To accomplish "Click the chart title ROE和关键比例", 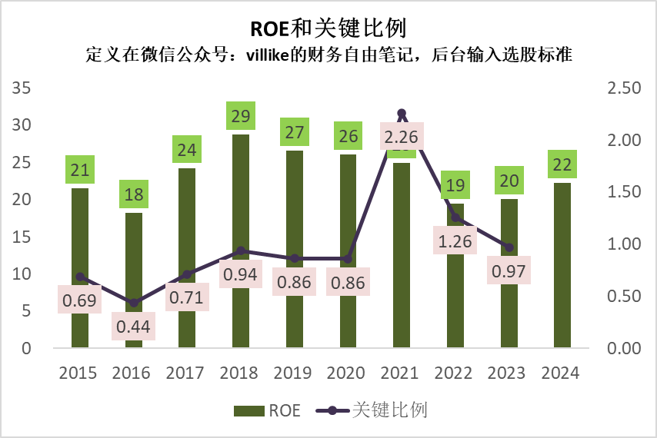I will click(328, 28).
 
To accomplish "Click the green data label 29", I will click(241, 118).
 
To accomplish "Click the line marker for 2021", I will click(402, 114).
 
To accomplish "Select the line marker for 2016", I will click(134, 303).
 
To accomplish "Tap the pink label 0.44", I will click(134, 327).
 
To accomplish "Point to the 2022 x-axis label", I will click(455, 373).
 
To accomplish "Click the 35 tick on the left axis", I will click(22, 88).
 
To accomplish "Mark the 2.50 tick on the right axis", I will click(624, 88).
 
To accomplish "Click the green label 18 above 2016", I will click(134, 194).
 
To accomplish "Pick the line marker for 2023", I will click(509, 247).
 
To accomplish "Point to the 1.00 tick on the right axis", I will click(624, 244).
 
